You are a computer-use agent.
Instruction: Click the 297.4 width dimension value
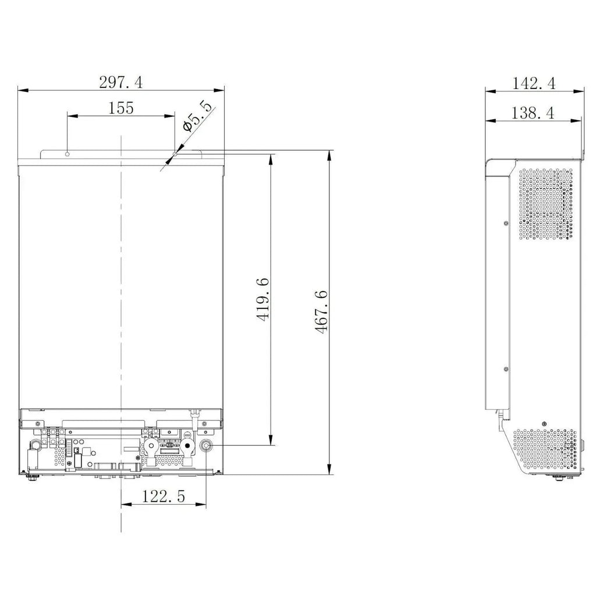[x=121, y=82]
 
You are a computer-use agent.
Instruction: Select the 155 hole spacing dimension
[x=121, y=108]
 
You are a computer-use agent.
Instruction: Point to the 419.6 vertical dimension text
[x=263, y=300]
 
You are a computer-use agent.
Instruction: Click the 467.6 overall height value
[x=321, y=312]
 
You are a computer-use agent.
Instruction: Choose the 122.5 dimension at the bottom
[x=164, y=496]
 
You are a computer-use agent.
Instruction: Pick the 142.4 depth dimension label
[x=534, y=83]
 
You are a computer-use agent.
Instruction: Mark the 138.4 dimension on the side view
[x=533, y=113]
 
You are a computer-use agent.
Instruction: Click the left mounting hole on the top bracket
[x=68, y=154]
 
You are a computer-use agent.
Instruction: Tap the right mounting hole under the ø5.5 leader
[x=175, y=154]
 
